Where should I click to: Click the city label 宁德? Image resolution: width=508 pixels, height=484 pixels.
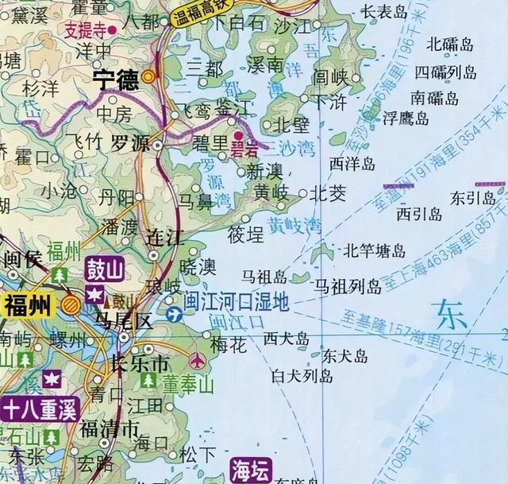tap(114, 79)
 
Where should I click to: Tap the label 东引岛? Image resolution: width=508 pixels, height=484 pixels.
tap(472, 197)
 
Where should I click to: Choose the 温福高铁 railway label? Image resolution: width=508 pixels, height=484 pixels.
tap(202, 17)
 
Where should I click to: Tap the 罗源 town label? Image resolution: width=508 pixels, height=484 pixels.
tap(129, 145)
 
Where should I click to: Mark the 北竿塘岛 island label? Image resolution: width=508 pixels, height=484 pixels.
tap(374, 252)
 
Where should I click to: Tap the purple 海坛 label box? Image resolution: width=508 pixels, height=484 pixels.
tap(251, 470)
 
